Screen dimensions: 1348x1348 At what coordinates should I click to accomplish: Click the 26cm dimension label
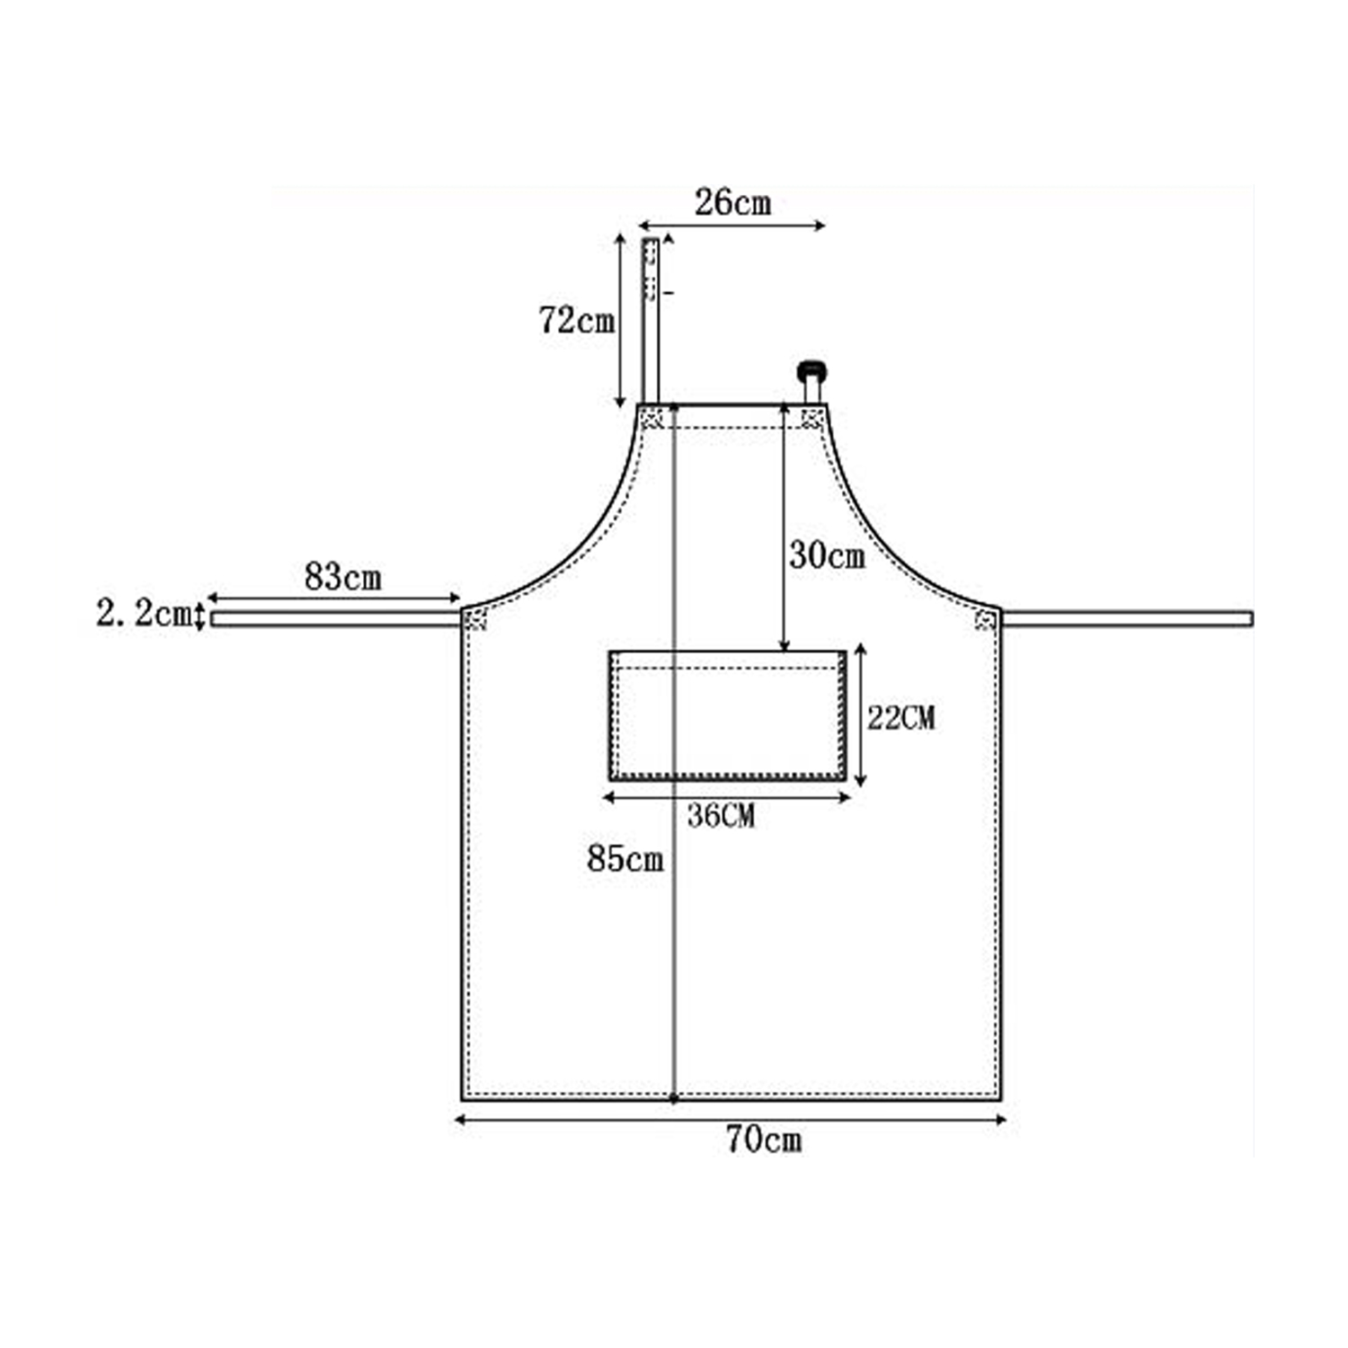pos(732,203)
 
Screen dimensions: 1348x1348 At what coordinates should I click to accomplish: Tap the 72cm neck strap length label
pos(577,320)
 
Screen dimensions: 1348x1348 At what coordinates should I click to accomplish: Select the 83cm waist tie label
pos(342,577)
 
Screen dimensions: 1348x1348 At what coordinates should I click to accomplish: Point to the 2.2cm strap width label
pos(144,614)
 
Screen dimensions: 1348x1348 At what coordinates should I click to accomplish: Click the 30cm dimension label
pos(827,555)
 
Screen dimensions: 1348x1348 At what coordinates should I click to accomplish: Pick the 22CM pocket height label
pos(900,717)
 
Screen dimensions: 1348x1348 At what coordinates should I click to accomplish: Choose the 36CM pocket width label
pos(721,816)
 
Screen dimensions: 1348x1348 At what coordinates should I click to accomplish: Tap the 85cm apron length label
pos(625,859)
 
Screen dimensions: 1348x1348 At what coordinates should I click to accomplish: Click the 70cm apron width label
pos(764,1140)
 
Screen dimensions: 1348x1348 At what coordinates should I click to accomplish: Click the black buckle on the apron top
pos(811,371)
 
